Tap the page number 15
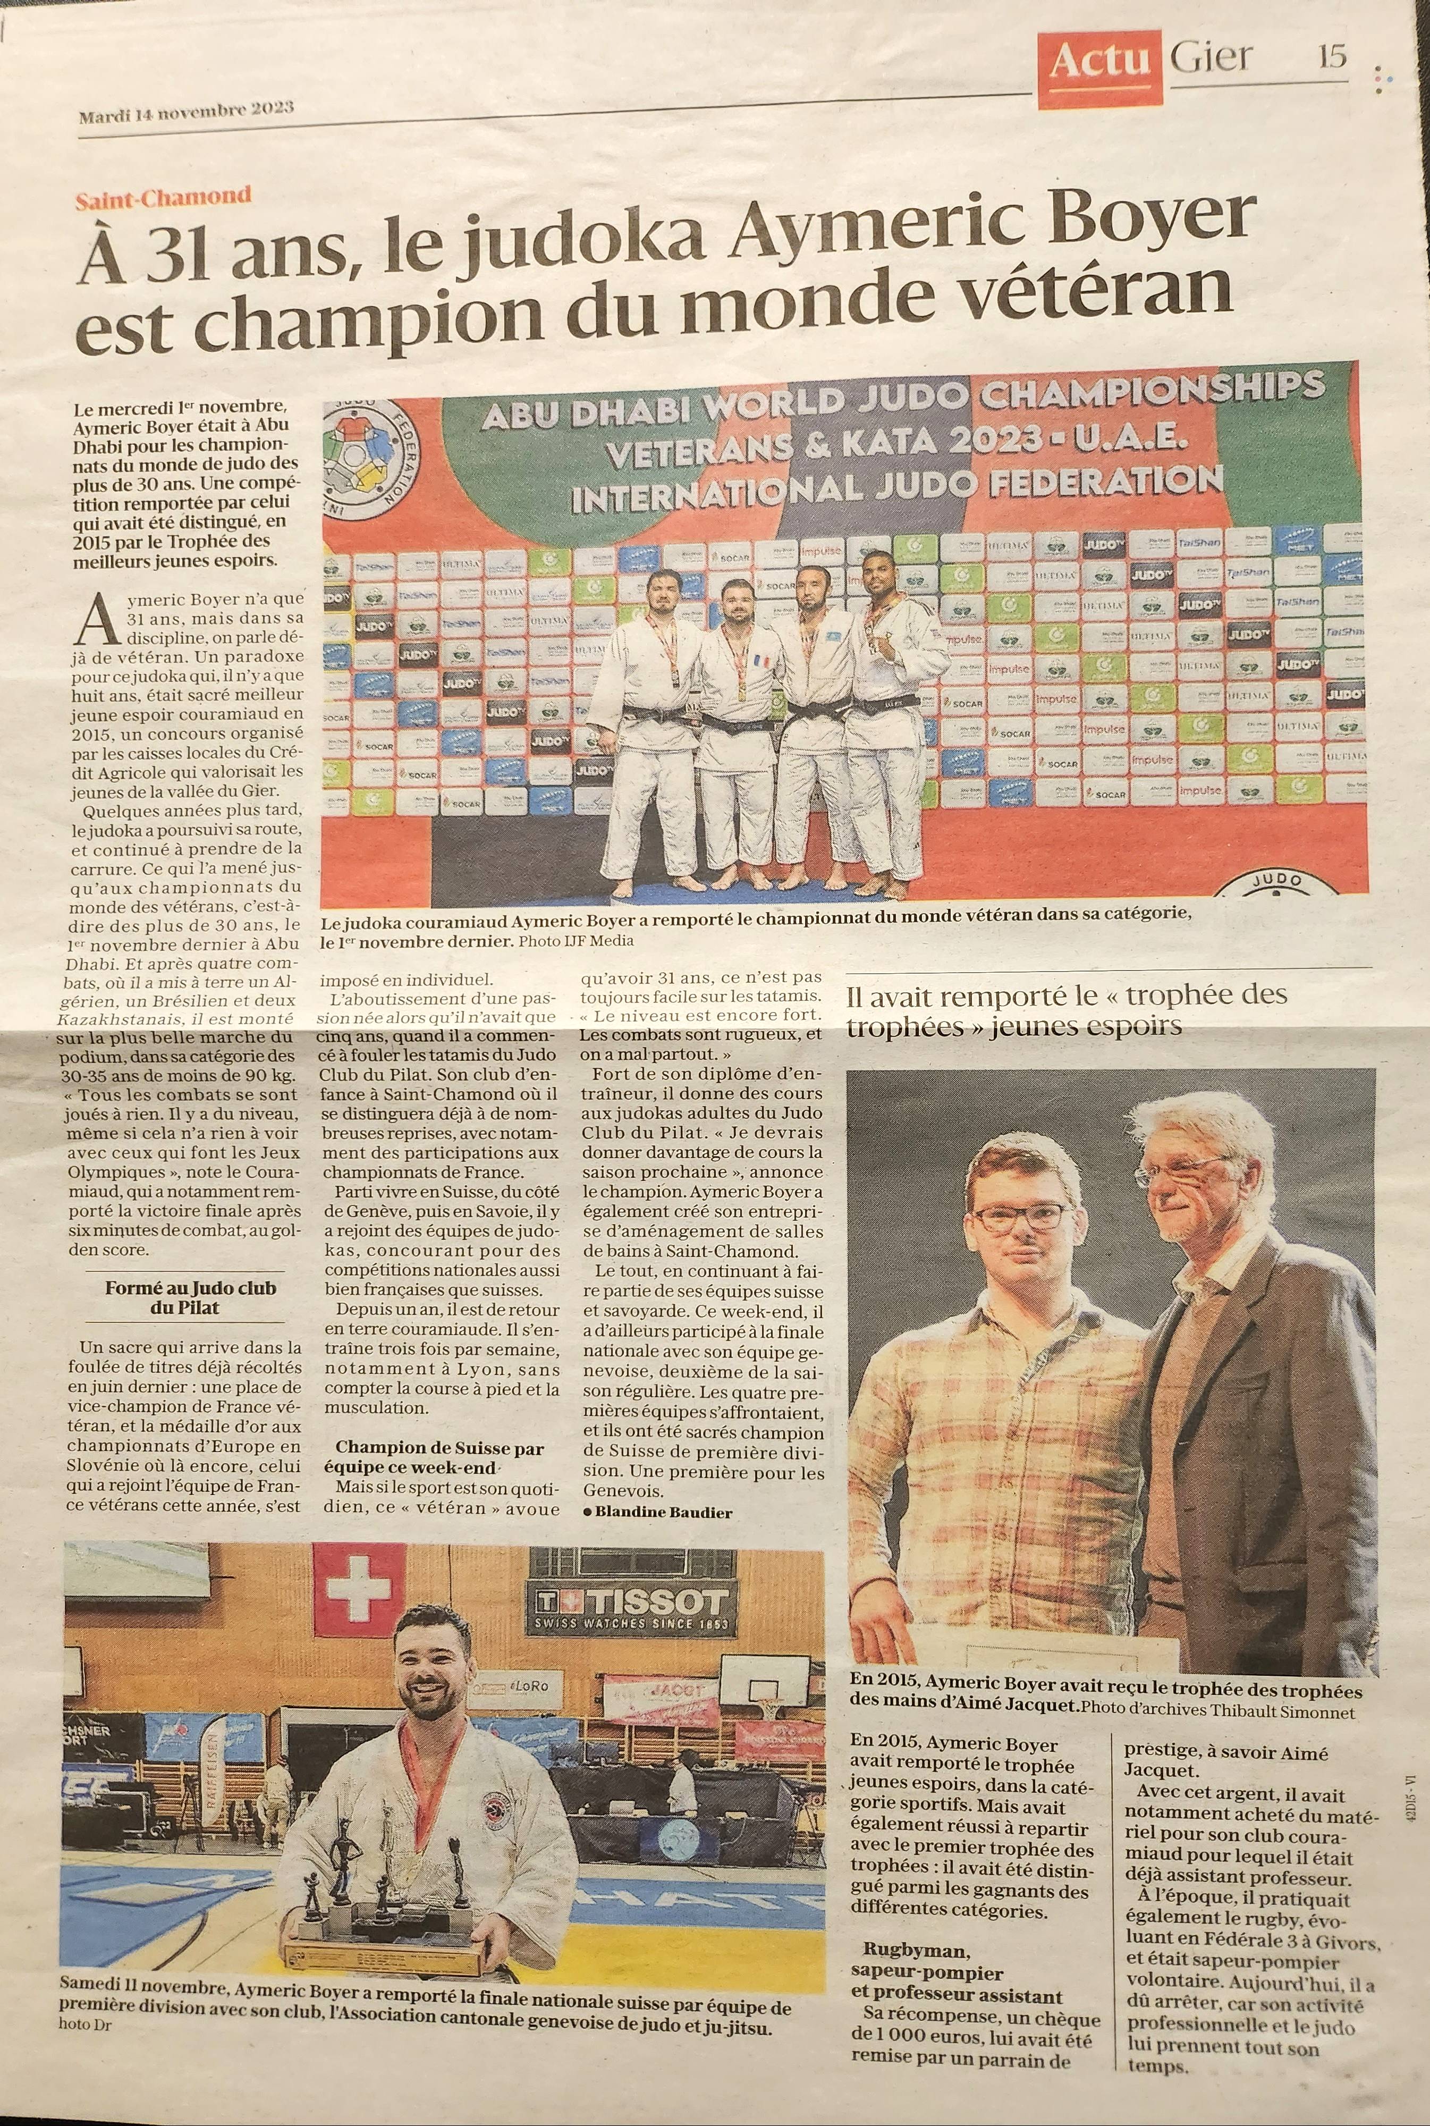click(x=1332, y=56)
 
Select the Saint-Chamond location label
click(x=164, y=195)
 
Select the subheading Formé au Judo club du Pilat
click(x=190, y=1297)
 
